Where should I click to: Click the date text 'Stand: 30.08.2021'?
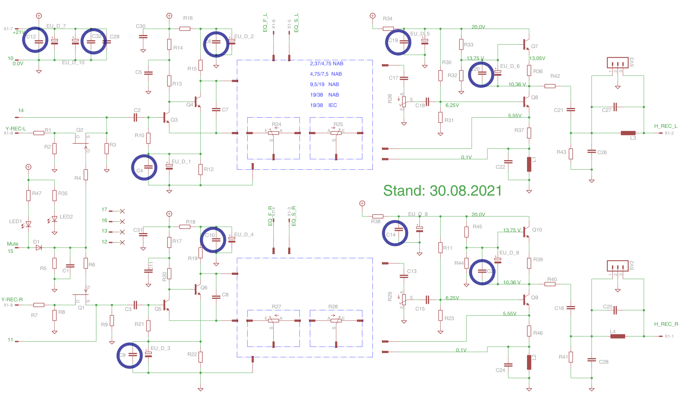coord(442,191)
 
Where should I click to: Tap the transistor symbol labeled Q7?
coord(526,45)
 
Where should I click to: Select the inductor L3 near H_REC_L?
coord(628,133)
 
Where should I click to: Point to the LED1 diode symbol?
coord(28,224)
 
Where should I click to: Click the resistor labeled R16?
coord(185,29)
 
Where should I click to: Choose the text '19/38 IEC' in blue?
coord(323,105)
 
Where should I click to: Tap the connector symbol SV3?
coord(618,63)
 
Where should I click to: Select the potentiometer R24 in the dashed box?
coord(273,133)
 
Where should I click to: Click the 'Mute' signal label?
coord(12,244)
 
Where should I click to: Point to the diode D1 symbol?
coord(39,248)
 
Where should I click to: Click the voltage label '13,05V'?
coord(537,58)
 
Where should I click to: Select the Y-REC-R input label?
coord(12,300)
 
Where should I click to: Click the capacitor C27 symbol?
coord(615,107)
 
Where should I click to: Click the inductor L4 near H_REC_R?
coord(618,336)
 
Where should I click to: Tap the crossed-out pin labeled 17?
coord(122,211)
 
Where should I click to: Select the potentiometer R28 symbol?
coord(336,321)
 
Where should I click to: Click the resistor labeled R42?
coord(550,86)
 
